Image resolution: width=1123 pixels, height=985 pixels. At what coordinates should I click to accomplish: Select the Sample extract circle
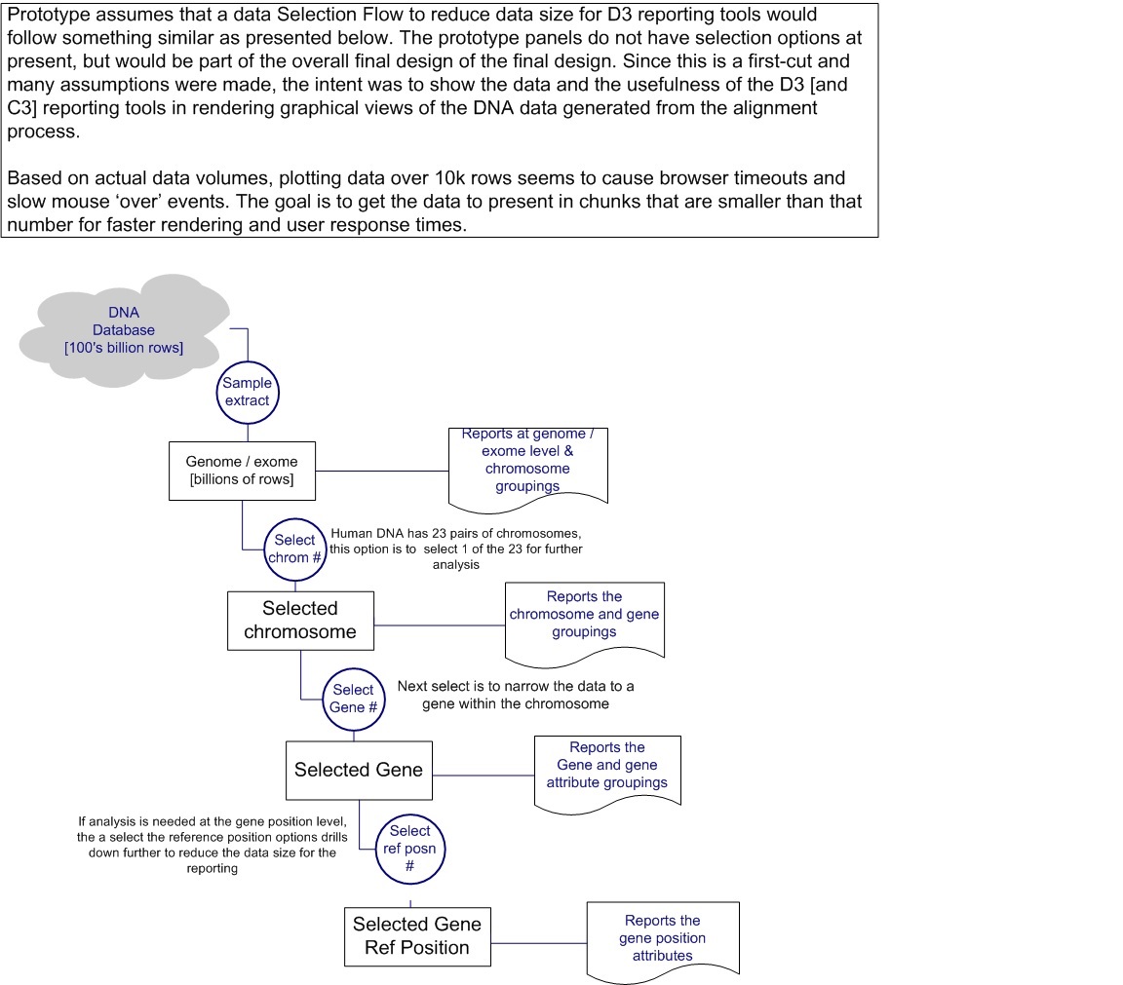[x=247, y=392]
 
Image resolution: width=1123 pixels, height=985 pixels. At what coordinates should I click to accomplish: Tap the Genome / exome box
[x=242, y=471]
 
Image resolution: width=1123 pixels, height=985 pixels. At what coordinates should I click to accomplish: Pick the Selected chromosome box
[x=299, y=621]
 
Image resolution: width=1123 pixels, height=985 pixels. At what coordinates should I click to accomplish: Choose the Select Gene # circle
[x=353, y=698]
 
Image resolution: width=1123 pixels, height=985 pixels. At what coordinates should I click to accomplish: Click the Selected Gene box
[x=358, y=770]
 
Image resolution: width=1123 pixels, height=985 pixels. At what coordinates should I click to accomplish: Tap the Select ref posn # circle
[x=409, y=848]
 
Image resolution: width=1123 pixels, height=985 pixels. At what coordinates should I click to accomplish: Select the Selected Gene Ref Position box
[x=416, y=936]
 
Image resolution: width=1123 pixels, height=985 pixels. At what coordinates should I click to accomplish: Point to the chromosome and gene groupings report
[x=584, y=616]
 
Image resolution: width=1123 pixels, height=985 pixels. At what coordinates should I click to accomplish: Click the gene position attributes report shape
[x=662, y=938]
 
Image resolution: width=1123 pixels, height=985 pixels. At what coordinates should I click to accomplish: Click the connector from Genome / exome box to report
[x=381, y=473]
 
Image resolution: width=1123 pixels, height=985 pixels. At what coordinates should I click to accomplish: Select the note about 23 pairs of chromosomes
[x=456, y=549]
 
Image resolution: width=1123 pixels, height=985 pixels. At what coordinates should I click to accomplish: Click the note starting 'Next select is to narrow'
[x=515, y=695]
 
